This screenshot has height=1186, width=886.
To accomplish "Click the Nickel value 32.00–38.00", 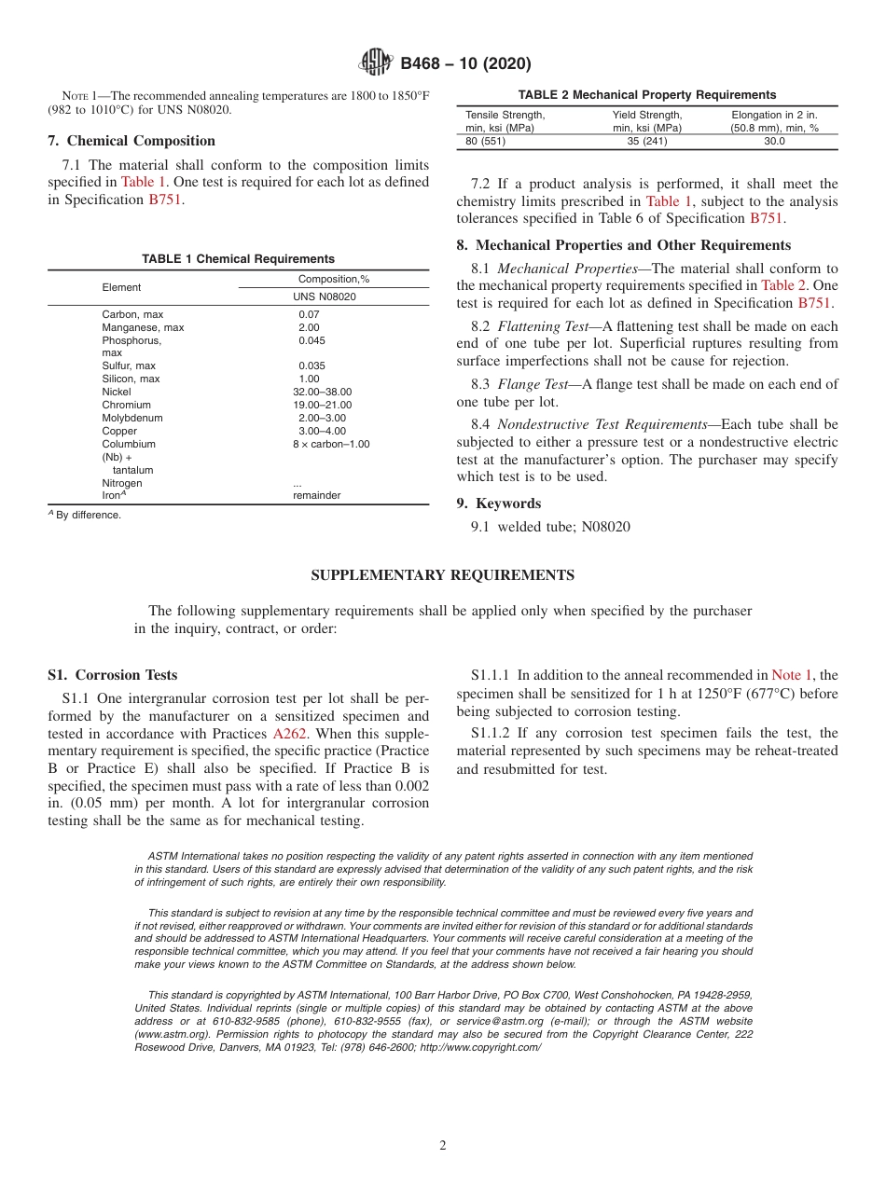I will tap(322, 393).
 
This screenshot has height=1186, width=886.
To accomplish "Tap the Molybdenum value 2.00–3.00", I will tap(322, 419).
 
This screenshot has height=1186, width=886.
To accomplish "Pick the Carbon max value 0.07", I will tap(309, 314).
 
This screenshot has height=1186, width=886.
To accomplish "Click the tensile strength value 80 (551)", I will tap(486, 142).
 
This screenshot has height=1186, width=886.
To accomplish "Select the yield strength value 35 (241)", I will tap(646, 142).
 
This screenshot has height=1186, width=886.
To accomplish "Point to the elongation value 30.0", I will tap(774, 142).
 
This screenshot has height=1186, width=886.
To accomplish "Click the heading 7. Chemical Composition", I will tap(132, 141).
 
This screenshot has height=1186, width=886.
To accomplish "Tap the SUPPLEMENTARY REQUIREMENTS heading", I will tap(442, 575).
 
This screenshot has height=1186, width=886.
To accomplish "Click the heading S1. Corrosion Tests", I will tap(112, 675).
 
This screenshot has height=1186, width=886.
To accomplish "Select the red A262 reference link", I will tap(289, 734).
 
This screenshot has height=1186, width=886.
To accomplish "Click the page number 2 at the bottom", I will tap(443, 1146).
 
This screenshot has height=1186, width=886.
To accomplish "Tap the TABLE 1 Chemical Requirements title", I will tap(238, 259).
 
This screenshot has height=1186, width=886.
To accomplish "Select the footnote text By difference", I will tap(88, 515).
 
